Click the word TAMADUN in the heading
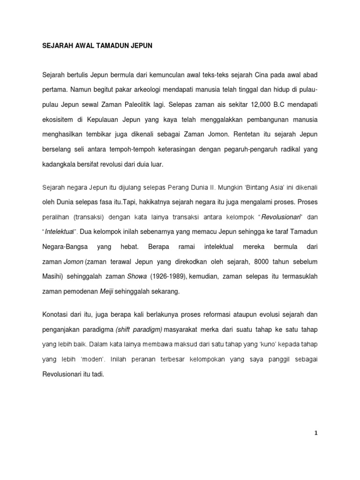point(109,46)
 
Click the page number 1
point(316,434)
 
